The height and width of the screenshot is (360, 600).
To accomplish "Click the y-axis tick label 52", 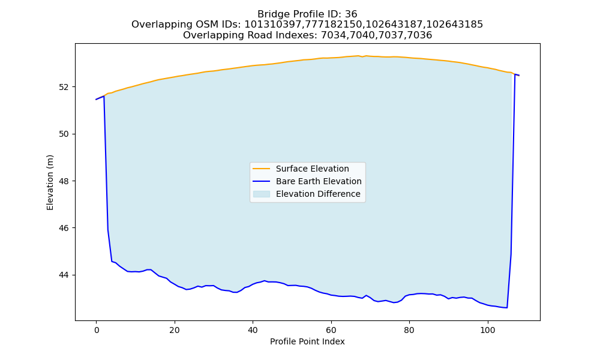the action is (x=64, y=87).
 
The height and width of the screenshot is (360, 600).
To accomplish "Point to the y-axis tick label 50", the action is (x=64, y=134).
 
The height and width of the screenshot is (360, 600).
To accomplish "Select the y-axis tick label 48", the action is (x=64, y=181).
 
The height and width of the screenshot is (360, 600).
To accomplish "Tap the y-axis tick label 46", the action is (x=64, y=228).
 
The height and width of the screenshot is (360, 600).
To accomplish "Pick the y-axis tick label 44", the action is (x=64, y=275).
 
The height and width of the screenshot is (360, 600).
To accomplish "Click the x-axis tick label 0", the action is (x=97, y=330).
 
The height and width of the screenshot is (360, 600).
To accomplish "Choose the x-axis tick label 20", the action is (x=175, y=330).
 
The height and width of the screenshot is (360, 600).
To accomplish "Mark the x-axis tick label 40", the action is (x=253, y=330).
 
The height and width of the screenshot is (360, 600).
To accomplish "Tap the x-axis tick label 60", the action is (x=331, y=330).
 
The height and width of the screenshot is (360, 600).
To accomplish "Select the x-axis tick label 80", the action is (x=409, y=330).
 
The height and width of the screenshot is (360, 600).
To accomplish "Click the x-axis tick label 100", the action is (x=487, y=330).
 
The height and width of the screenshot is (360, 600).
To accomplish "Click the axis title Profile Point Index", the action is (x=307, y=341).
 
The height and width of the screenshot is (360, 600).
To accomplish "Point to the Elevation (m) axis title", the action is (x=50, y=182).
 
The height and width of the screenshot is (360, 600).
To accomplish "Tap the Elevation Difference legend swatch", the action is (x=262, y=194).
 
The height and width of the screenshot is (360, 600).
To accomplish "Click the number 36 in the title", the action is (x=351, y=14).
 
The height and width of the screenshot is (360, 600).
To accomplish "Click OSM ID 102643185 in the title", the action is (x=455, y=25).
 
